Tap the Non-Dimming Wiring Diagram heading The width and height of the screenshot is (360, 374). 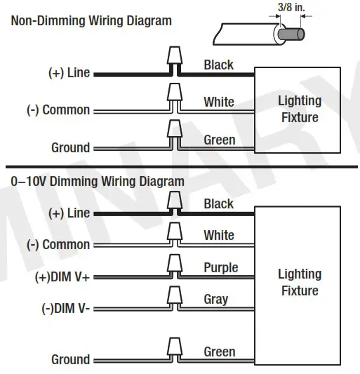[91, 20]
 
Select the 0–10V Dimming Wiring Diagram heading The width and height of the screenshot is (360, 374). [98, 181]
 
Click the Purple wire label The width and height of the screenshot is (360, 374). [220, 267]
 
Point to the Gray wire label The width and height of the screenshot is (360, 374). [215, 299]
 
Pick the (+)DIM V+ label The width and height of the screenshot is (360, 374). [62, 277]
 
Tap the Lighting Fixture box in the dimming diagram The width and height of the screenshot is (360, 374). [300, 282]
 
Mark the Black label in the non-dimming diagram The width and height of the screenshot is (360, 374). [218, 65]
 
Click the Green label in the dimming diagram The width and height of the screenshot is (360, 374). [219, 351]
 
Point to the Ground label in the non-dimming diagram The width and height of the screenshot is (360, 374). [70, 147]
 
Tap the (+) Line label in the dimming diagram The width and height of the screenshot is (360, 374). [69, 213]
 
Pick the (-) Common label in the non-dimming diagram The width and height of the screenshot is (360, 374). [58, 110]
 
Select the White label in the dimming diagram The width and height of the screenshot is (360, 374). [219, 235]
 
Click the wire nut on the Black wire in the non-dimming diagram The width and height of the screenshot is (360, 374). [173, 58]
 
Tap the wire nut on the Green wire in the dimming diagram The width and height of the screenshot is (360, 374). [173, 347]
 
